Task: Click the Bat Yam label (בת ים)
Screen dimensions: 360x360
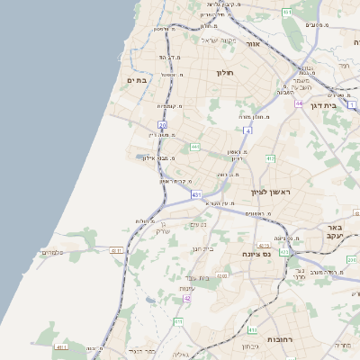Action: point(136,80)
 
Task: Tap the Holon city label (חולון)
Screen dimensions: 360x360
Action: point(224,72)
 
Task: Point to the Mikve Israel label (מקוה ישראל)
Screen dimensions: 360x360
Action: point(216,40)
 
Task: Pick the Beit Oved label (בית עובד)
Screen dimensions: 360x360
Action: point(196,277)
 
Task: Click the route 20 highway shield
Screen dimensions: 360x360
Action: point(162,124)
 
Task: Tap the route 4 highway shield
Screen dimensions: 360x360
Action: point(247,130)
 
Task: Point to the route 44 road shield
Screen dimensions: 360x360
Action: point(298,103)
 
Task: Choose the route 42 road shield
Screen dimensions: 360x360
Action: point(187,297)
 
